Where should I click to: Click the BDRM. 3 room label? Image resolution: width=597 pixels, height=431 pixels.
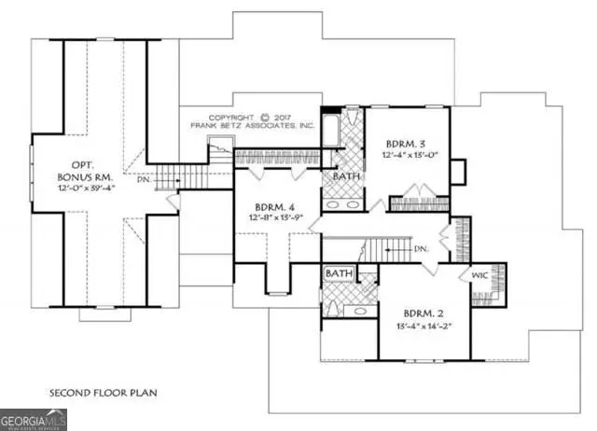(406, 144)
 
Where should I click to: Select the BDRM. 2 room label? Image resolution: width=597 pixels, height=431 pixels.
(425, 313)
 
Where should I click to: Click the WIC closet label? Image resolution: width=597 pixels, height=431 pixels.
(478, 275)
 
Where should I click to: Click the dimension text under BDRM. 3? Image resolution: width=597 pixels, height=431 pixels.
(407, 156)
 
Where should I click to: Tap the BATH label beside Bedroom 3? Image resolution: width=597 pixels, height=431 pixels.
(346, 175)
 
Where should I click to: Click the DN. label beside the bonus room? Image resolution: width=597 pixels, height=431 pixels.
(143, 179)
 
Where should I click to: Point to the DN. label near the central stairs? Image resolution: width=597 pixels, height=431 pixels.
(421, 249)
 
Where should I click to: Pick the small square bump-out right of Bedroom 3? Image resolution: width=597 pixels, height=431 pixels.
(457, 172)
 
